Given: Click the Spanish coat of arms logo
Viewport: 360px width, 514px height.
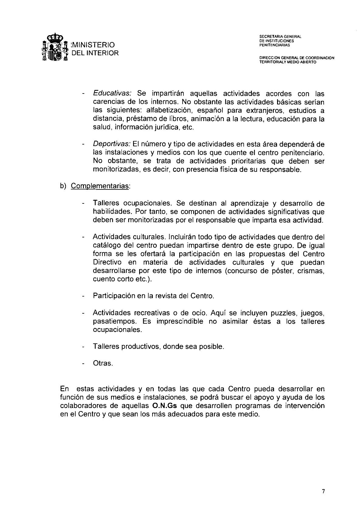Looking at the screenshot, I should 54,49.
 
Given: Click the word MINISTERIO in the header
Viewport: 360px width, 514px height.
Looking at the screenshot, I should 93,45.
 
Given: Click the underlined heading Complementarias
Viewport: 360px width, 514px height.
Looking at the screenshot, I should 100,186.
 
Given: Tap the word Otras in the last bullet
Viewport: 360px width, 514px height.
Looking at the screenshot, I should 102,363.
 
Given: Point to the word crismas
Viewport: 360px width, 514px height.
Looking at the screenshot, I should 312,271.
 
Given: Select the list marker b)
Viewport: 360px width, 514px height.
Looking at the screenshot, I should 63,186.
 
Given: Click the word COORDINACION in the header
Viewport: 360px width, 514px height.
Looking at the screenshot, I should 320,58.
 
